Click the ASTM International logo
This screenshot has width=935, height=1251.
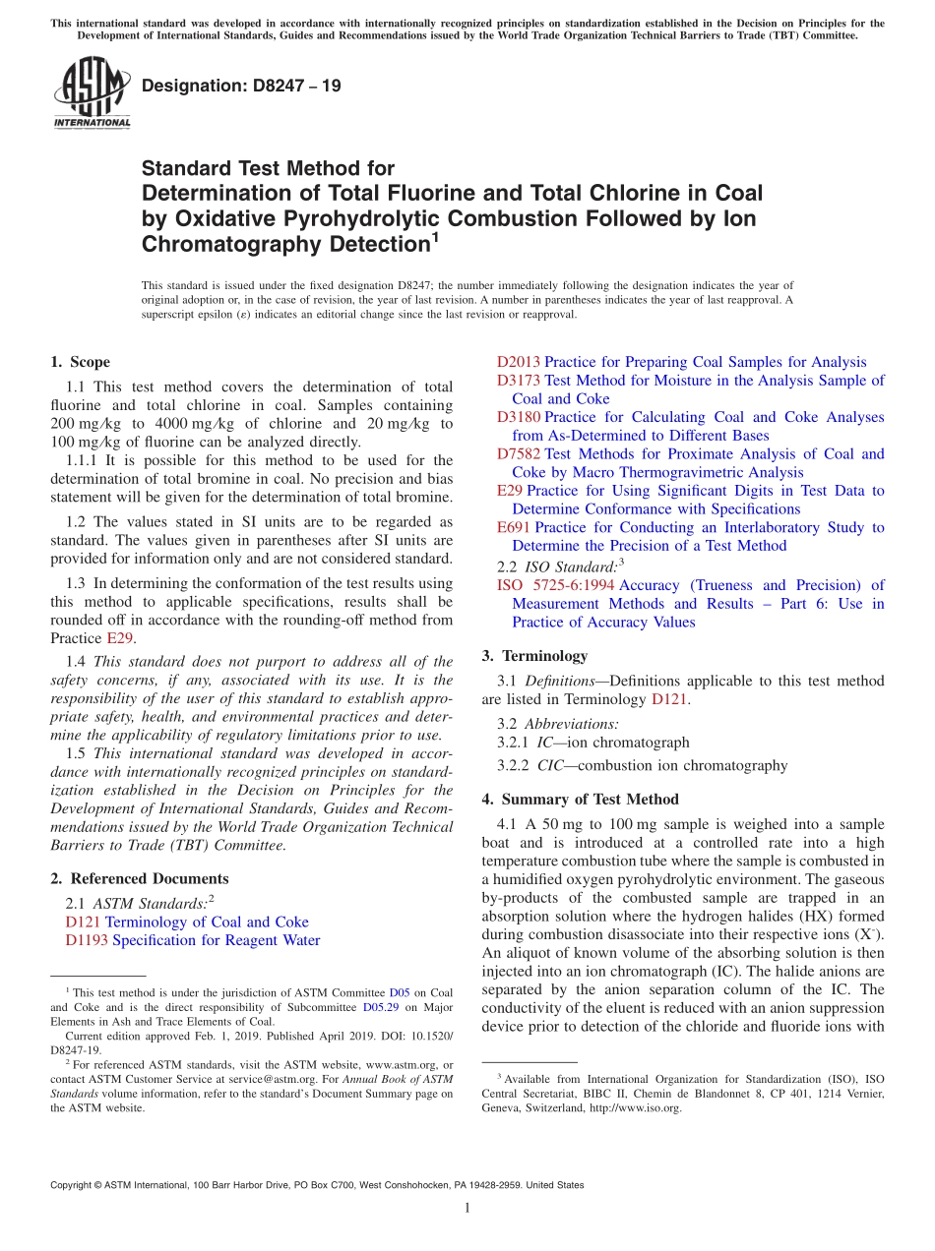coord(92,90)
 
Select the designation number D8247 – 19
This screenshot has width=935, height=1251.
coord(241,86)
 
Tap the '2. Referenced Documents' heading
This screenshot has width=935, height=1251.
coord(139,878)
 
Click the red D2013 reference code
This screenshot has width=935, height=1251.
coord(519,362)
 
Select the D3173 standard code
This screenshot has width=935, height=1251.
coord(519,380)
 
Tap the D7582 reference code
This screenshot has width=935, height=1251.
coord(519,453)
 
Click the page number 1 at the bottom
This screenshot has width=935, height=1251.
coord(467,1208)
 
